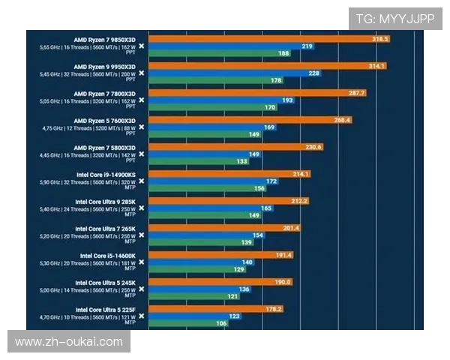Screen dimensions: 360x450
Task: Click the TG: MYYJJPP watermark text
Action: (x=395, y=19)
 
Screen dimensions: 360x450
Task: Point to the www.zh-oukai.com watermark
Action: (x=69, y=342)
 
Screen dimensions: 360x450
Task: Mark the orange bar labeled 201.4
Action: (x=224, y=228)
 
